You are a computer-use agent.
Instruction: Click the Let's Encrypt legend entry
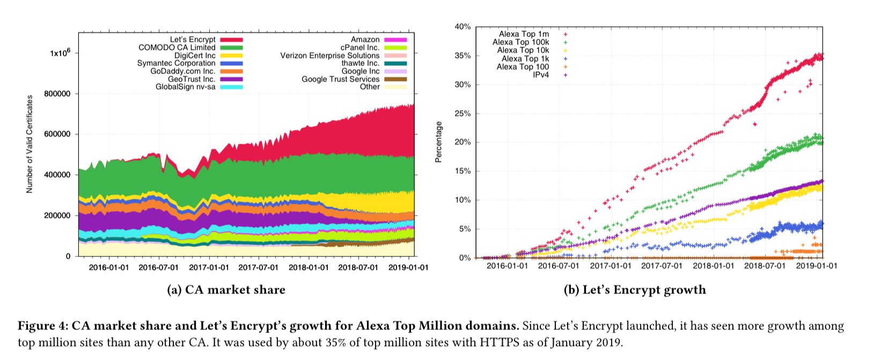[193, 40]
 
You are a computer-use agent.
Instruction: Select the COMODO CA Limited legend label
[177, 48]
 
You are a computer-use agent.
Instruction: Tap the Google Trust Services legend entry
[340, 79]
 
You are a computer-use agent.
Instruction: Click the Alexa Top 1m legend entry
[524, 34]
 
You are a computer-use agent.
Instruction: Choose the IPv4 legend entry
[541, 75]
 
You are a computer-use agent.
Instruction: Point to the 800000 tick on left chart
[56, 94]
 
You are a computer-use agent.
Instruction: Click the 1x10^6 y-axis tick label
[60, 53]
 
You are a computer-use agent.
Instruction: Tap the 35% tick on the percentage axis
[462, 56]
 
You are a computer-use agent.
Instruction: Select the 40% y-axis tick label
[462, 27]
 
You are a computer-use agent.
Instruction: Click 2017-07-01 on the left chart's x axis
[258, 267]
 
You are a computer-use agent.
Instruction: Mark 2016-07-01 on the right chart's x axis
[559, 266]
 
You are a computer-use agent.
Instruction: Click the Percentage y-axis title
[439, 142]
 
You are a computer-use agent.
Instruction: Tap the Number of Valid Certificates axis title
[30, 144]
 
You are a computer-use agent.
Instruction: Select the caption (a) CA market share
[226, 290]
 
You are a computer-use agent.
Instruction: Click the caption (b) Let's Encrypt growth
[635, 290]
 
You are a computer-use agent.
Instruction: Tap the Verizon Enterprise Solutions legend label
[329, 56]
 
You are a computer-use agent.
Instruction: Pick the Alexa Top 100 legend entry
[523, 67]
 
